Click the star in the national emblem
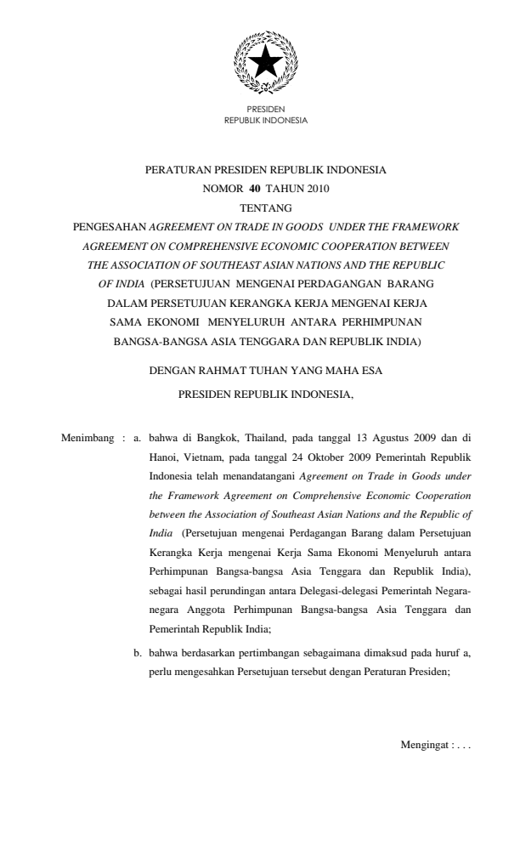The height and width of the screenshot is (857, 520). (x=265, y=59)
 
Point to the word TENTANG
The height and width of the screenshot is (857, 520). (x=265, y=207)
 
